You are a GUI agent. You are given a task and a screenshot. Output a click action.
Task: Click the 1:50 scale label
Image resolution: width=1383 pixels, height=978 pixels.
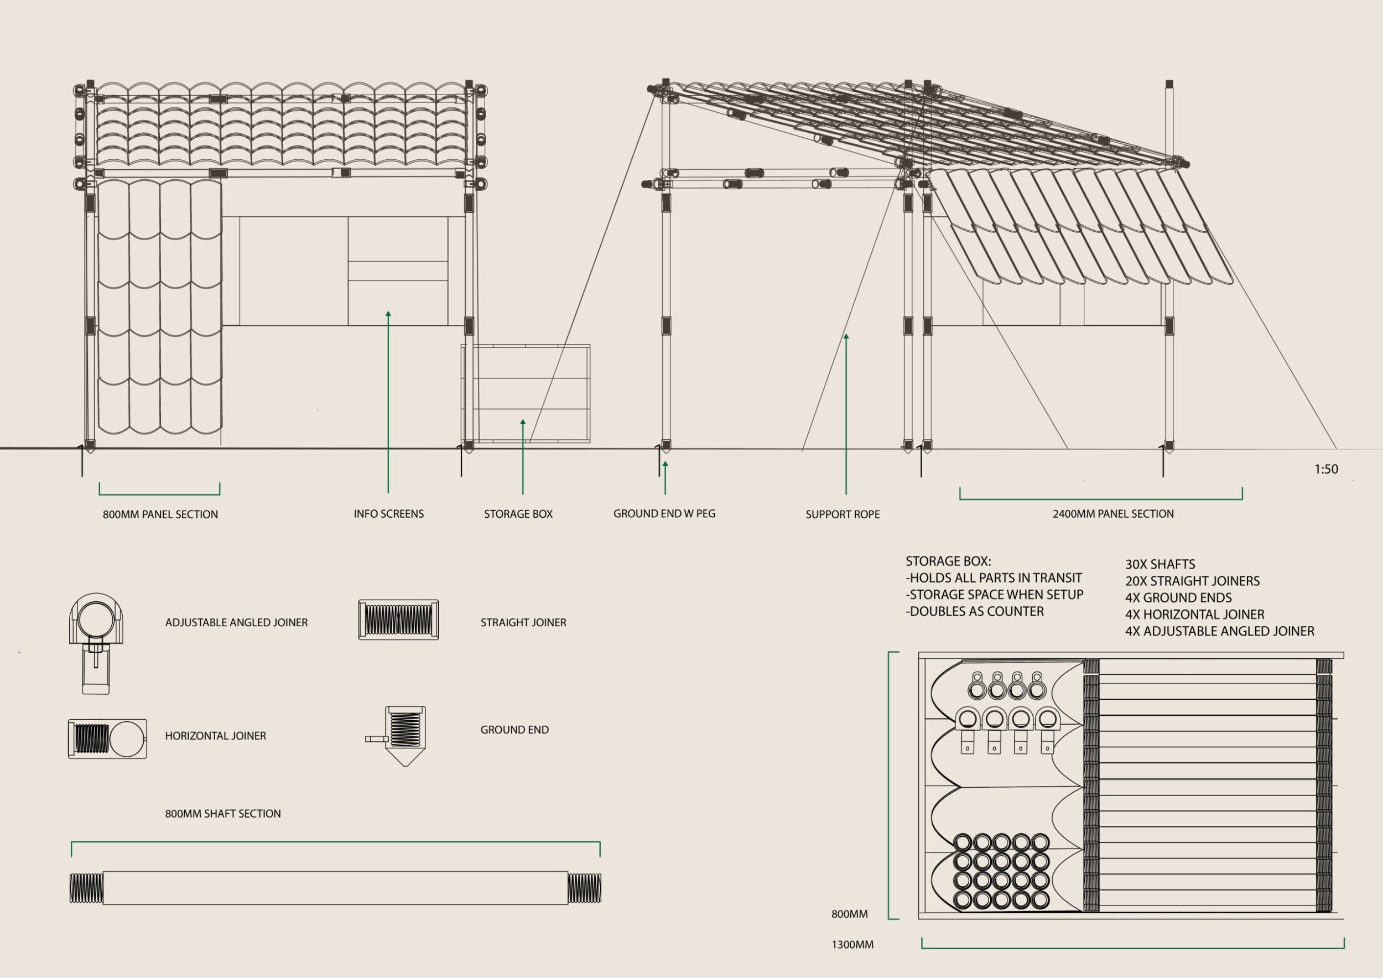[x=1326, y=469]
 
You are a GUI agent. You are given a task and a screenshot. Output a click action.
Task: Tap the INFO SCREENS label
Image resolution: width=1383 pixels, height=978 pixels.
[x=388, y=514]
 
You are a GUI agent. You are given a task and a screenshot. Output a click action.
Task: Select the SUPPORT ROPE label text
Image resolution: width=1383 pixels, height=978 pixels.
[x=842, y=514]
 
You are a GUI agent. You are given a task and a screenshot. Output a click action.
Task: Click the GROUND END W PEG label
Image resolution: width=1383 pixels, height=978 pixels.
[x=664, y=514]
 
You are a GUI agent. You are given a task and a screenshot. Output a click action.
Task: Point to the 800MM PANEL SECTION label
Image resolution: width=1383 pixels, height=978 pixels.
[x=160, y=514]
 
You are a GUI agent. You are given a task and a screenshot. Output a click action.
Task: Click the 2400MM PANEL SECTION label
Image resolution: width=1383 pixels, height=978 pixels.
[x=1112, y=514]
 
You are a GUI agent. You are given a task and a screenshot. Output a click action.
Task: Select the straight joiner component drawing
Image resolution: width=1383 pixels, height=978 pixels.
[x=398, y=620]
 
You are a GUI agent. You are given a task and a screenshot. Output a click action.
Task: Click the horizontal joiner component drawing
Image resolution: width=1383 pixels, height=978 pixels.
[x=107, y=738]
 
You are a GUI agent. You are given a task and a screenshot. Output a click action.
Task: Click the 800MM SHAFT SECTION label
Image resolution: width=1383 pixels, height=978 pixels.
[x=223, y=814]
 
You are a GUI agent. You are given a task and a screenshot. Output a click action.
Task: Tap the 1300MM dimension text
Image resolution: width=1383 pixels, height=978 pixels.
[x=852, y=945]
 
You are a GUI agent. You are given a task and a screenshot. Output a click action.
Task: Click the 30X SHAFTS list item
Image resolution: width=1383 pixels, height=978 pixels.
[x=1160, y=564]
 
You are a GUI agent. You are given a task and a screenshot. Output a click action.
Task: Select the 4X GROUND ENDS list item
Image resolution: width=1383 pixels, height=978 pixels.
[x=1178, y=598]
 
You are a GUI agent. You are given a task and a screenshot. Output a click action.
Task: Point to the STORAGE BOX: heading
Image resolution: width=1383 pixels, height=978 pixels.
[x=948, y=561]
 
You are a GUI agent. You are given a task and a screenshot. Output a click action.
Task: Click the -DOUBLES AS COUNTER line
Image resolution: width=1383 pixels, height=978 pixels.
[x=975, y=611]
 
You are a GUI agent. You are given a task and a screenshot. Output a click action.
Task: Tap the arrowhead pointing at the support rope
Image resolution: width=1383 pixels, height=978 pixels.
[x=846, y=337]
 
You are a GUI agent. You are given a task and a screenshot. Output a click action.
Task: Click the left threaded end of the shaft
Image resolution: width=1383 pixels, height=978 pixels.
[x=86, y=888]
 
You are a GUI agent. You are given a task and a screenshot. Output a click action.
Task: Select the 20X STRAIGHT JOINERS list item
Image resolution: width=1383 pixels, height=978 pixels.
[x=1192, y=581]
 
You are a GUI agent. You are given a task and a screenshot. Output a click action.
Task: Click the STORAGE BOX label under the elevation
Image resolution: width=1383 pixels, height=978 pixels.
[x=518, y=514]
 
